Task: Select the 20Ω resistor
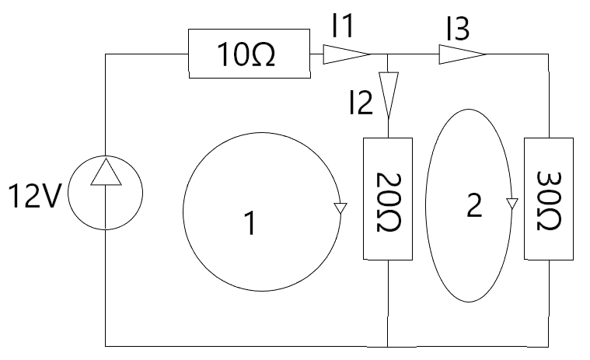(388, 198)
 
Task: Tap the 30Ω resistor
(549, 198)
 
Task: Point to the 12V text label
(34, 196)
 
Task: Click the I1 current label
(343, 26)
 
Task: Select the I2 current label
(361, 102)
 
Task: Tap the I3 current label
(458, 28)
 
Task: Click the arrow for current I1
(346, 54)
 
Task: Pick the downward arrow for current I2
(388, 94)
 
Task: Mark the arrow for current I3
(462, 54)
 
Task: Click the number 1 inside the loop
(250, 222)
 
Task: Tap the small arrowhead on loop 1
(340, 208)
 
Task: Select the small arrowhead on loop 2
(511, 204)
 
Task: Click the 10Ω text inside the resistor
(246, 55)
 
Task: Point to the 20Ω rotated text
(389, 202)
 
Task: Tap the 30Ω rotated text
(549, 201)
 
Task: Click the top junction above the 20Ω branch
(388, 54)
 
